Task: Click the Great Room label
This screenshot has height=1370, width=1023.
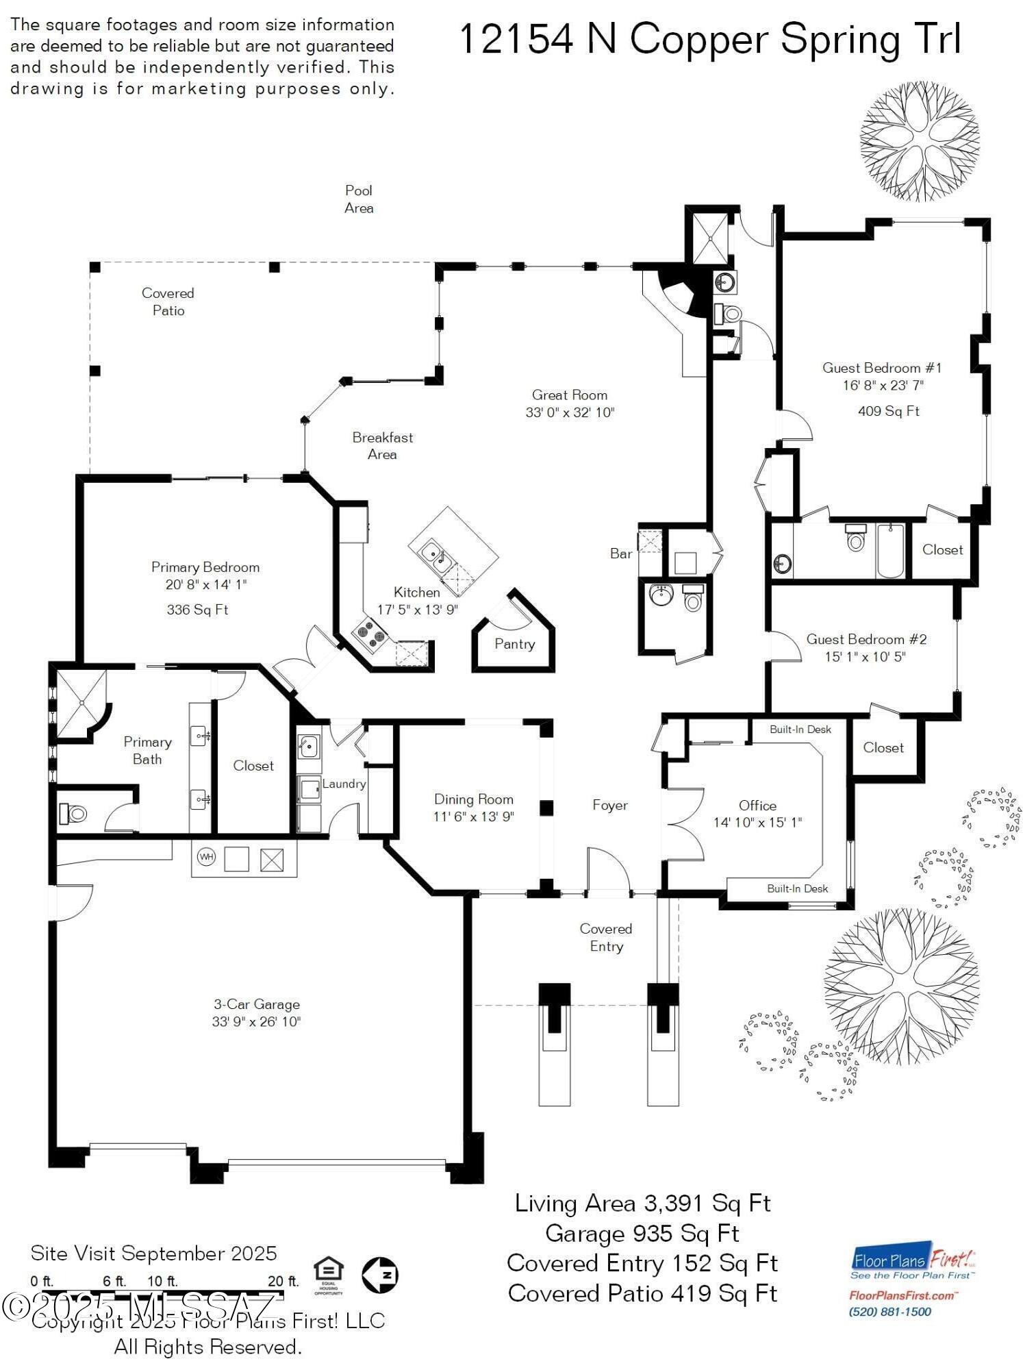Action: click(569, 395)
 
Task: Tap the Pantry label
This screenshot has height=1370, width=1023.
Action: click(514, 644)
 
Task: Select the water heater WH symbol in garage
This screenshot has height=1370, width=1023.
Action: click(206, 857)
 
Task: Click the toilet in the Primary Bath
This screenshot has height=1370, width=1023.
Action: click(74, 814)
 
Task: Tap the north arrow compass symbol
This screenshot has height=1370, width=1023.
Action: click(380, 1275)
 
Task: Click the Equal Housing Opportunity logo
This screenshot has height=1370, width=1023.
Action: click(328, 1275)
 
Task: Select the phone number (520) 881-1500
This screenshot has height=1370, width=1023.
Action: click(890, 1312)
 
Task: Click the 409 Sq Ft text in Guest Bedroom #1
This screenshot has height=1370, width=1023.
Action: click(888, 411)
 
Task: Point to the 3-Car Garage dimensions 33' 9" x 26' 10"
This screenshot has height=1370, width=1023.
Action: click(256, 1022)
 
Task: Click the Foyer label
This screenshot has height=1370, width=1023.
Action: click(609, 806)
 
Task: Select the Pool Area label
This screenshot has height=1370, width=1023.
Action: click(359, 199)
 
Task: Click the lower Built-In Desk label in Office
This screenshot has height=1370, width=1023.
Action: click(797, 888)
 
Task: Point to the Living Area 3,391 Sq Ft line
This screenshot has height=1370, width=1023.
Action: click(642, 1204)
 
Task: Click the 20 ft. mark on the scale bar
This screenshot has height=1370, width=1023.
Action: click(283, 1281)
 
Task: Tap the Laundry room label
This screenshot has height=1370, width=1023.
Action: click(344, 784)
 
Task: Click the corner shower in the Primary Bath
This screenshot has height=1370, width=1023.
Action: click(79, 702)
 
